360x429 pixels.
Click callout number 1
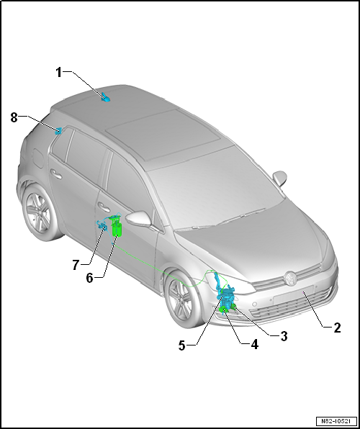59,73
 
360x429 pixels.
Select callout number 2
337,328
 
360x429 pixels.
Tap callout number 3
284,335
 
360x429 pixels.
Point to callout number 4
254,344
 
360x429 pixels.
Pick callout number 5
181,346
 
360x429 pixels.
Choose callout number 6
89,278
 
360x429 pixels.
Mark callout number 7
76,265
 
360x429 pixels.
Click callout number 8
14,118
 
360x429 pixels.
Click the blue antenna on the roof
105,97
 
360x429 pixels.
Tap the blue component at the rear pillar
58,131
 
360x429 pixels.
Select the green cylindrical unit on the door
117,230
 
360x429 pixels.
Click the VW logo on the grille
290,279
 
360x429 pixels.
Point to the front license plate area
293,294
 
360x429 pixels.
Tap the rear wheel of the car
39,213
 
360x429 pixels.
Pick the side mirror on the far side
280,178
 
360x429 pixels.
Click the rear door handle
56,174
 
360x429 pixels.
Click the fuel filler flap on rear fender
38,158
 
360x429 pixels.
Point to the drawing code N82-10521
336,421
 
